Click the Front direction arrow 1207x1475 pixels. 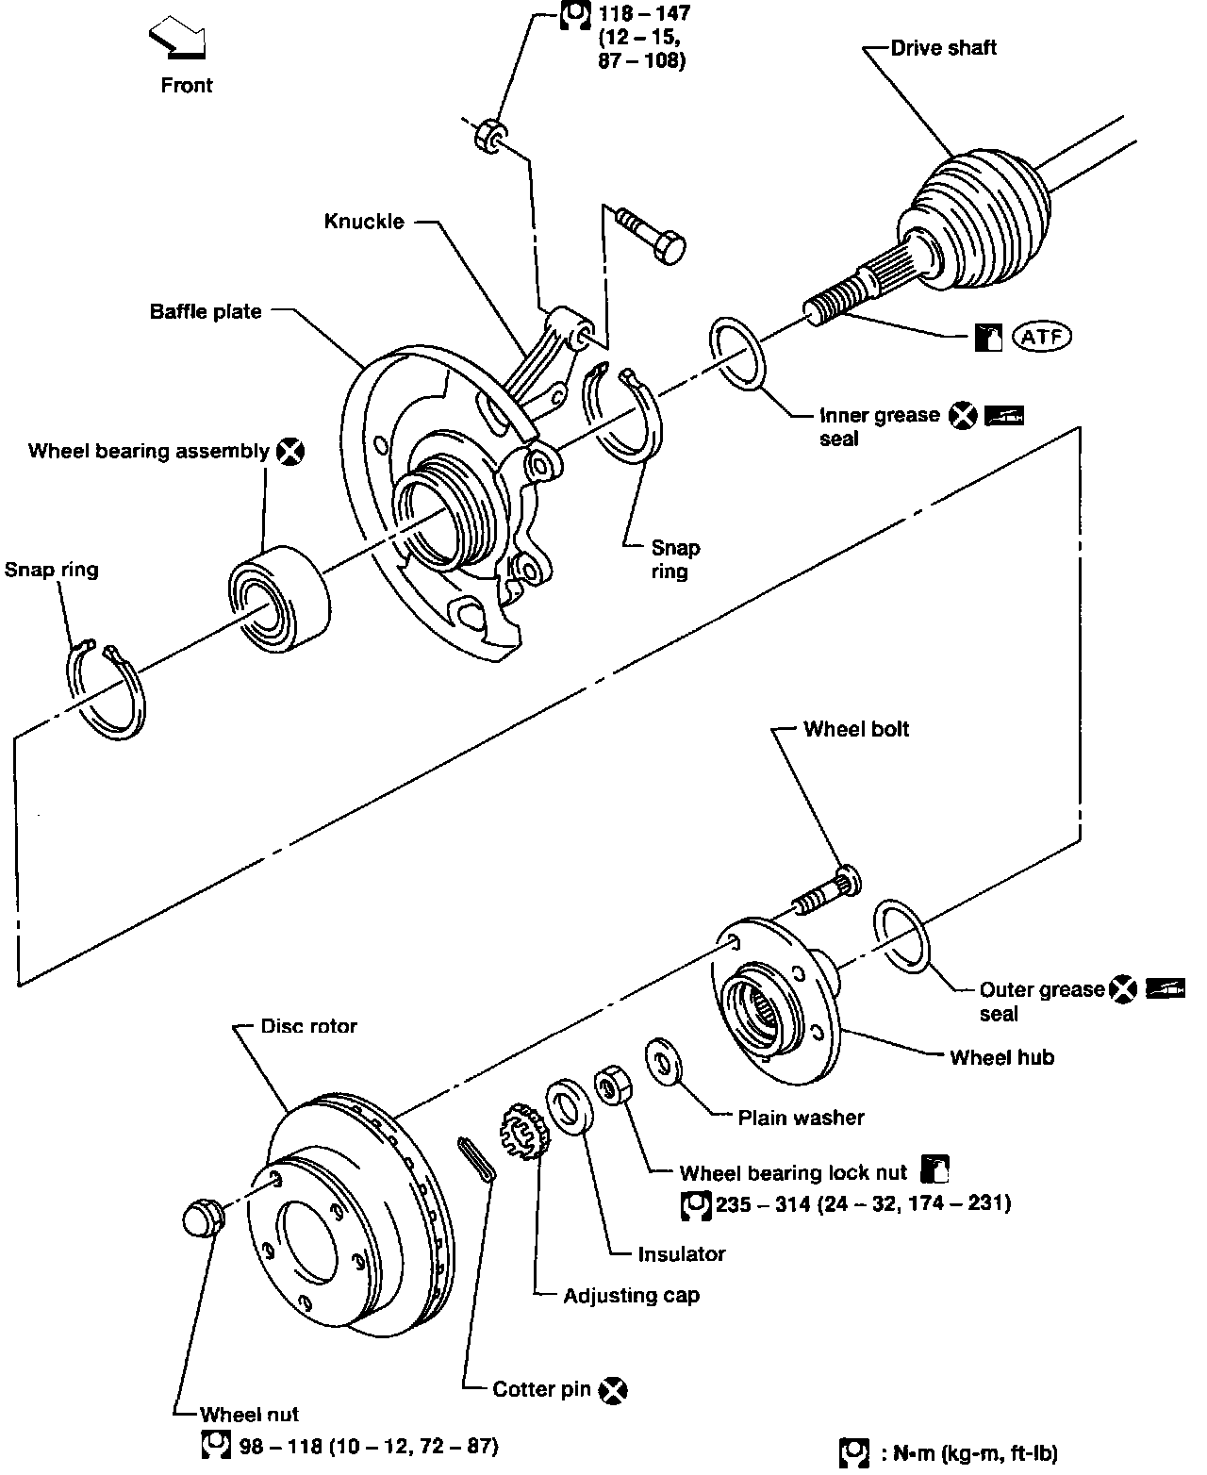[177, 38]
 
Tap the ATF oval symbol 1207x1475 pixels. [1041, 337]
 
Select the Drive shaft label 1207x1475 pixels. [943, 47]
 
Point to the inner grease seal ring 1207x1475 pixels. [737, 354]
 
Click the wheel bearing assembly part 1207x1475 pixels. [280, 599]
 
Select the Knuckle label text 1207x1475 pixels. [364, 222]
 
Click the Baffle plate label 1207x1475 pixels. [206, 311]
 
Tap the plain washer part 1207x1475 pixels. [663, 1062]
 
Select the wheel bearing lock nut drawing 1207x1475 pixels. [613, 1086]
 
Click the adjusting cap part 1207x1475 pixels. [525, 1131]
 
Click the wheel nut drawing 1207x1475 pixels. [204, 1218]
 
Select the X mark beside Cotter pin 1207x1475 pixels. [613, 1390]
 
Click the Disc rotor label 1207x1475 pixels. [308, 1026]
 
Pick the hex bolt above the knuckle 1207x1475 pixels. [651, 234]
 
